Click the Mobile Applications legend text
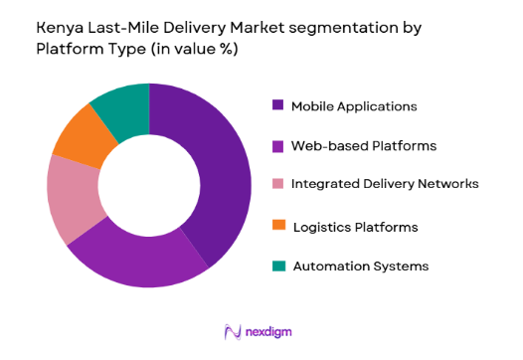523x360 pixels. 354,105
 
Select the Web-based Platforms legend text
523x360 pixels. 363,146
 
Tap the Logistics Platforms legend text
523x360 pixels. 356,227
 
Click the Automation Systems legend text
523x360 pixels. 360,266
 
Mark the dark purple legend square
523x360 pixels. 277,105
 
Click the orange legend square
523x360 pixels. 277,227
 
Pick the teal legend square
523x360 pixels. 277,266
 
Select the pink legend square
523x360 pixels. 277,184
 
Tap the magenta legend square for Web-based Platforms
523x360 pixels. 277,146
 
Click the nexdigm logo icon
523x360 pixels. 234,331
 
